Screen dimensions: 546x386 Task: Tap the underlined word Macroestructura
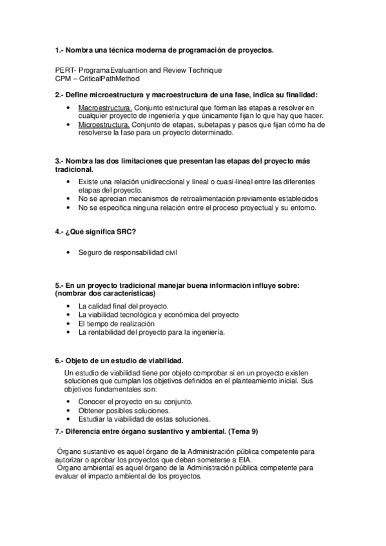(x=105, y=107)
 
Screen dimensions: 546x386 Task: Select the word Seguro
(x=90, y=252)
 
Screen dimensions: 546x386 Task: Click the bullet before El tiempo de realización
(x=69, y=324)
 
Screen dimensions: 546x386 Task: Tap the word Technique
(x=203, y=70)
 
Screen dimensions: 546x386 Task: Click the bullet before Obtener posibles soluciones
(x=69, y=409)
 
